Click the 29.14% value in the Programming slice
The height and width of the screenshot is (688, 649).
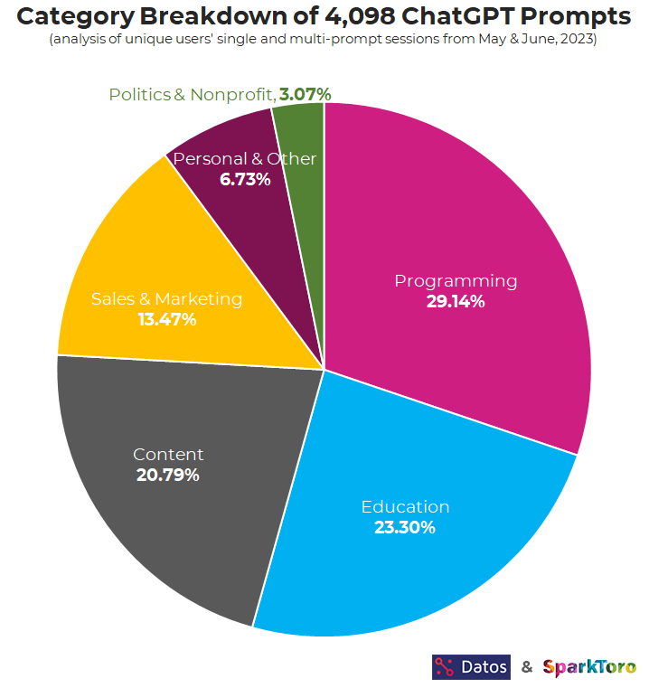pyautogui.click(x=456, y=302)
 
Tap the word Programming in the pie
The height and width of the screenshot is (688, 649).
pyautogui.click(x=456, y=280)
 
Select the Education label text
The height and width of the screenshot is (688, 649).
pyautogui.click(x=405, y=506)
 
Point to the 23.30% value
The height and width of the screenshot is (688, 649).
pyautogui.click(x=405, y=527)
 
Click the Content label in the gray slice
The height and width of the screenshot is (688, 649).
pyautogui.click(x=168, y=454)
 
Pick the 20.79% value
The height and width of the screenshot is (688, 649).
pyautogui.click(x=168, y=475)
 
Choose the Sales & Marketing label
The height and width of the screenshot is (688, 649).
pyautogui.click(x=166, y=298)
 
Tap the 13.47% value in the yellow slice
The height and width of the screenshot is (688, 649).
pyautogui.click(x=166, y=319)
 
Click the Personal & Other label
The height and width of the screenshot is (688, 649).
pyautogui.click(x=244, y=159)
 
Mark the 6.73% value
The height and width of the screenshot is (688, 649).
pyautogui.click(x=245, y=179)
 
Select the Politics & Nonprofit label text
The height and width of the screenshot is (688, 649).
pyautogui.click(x=191, y=94)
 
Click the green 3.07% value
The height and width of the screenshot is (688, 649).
pyautogui.click(x=305, y=94)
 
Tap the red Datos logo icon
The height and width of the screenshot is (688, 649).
pyautogui.click(x=445, y=667)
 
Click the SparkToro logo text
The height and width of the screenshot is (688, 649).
pyautogui.click(x=588, y=667)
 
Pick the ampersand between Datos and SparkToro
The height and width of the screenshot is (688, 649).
pyautogui.click(x=526, y=667)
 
